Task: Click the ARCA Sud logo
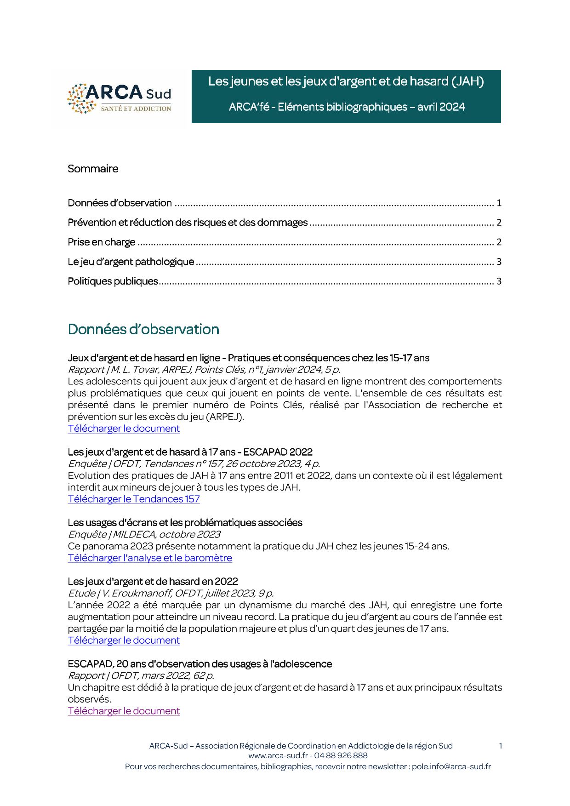click(x=120, y=98)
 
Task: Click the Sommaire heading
click(x=93, y=169)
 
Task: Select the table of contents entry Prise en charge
click(x=102, y=242)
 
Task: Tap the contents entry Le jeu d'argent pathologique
click(x=131, y=262)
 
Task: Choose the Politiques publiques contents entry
click(x=113, y=281)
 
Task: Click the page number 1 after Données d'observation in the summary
click(x=499, y=203)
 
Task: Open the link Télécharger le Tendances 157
click(x=134, y=499)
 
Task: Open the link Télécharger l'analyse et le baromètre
click(x=150, y=558)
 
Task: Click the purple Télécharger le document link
click(x=124, y=711)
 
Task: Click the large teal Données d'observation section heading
click(x=143, y=330)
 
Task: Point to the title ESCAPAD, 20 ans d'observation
click(x=199, y=664)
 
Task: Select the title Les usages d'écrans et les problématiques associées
click(x=185, y=523)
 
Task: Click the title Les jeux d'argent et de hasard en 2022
click(x=153, y=582)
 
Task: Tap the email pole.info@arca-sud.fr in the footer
click(x=451, y=766)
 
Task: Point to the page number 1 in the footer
click(x=500, y=746)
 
